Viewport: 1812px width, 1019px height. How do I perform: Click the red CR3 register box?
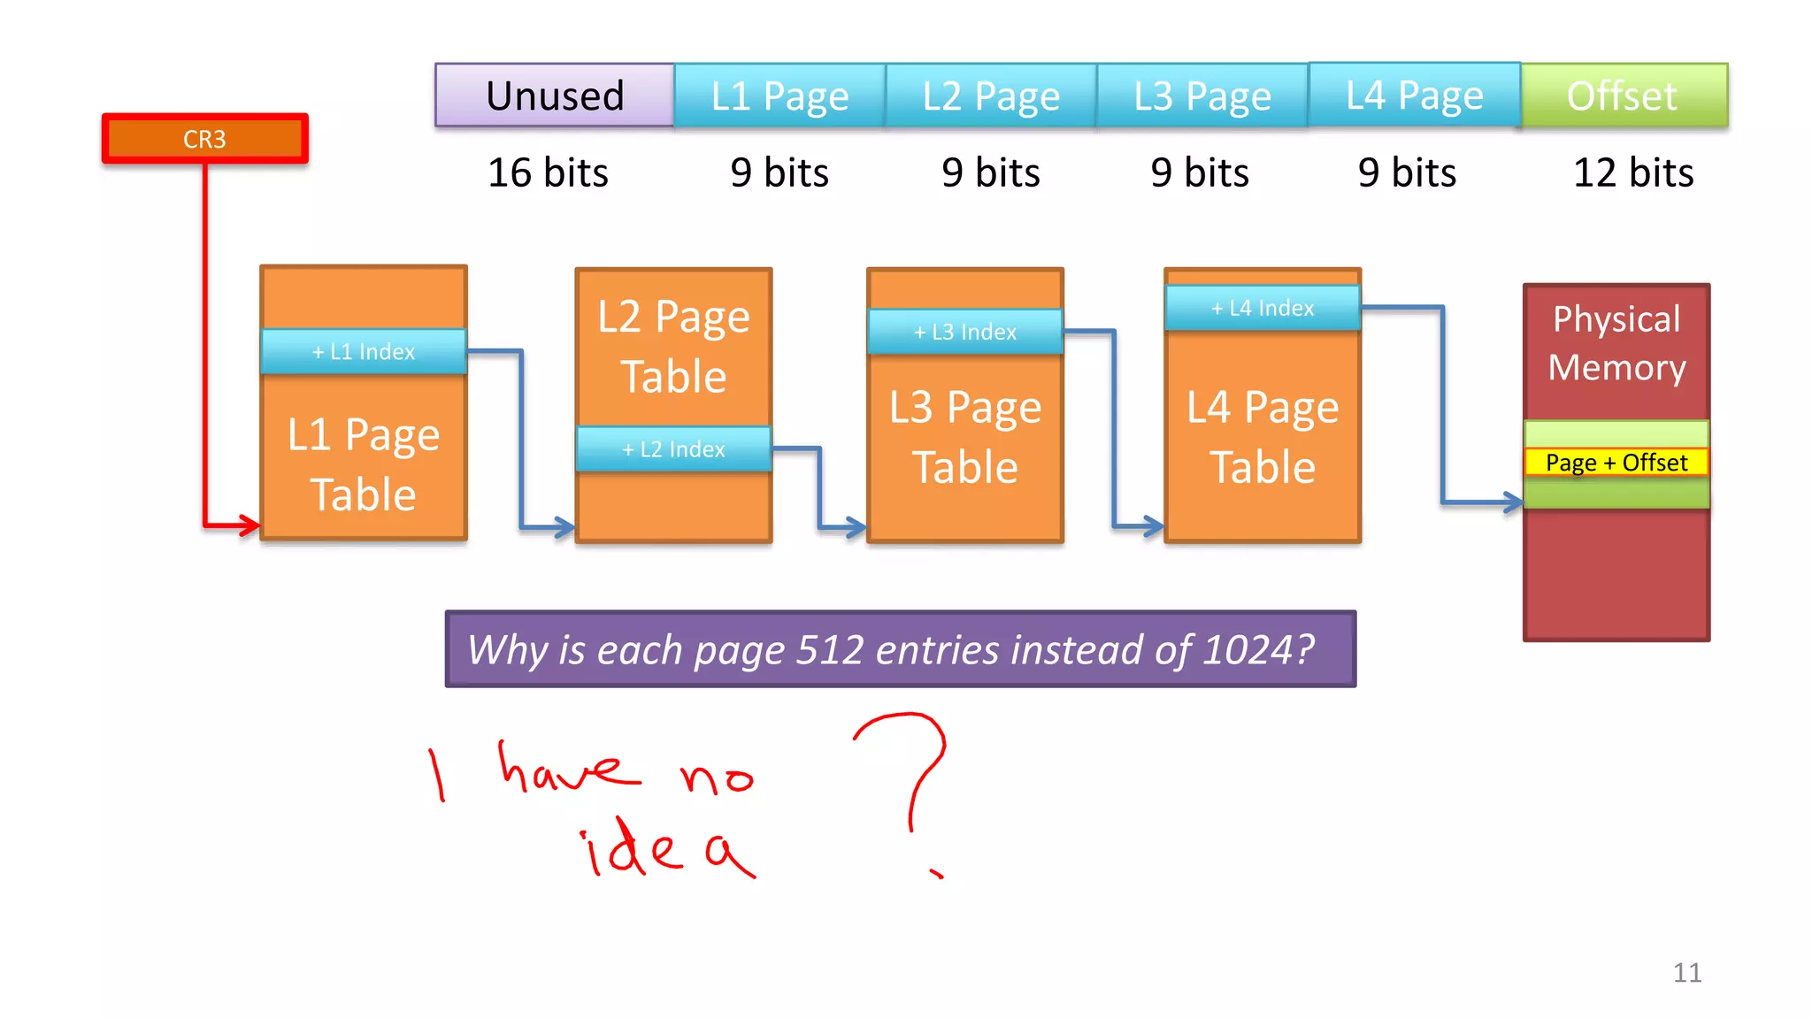click(x=204, y=139)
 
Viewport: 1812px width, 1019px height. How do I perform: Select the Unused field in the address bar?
click(x=555, y=96)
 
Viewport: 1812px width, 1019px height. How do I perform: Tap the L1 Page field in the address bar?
click(x=779, y=96)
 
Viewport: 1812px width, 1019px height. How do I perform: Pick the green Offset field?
click(x=1623, y=96)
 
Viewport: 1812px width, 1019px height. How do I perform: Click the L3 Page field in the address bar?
click(x=1202, y=96)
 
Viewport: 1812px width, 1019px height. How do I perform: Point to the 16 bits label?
click(x=548, y=172)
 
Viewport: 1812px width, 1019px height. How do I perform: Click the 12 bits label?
click(x=1633, y=172)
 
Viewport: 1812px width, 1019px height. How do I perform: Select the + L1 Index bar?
click(x=364, y=351)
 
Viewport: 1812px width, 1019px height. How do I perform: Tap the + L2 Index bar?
click(x=673, y=449)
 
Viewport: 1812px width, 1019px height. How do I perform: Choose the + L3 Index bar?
click(x=965, y=332)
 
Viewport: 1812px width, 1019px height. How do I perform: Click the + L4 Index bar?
click(x=1263, y=308)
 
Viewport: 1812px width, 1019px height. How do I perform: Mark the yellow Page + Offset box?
click(x=1616, y=463)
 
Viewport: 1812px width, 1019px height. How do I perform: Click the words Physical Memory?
click(x=1616, y=343)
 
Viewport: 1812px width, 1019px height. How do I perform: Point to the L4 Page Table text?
click(x=1263, y=437)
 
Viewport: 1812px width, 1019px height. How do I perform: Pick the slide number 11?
click(x=1687, y=973)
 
